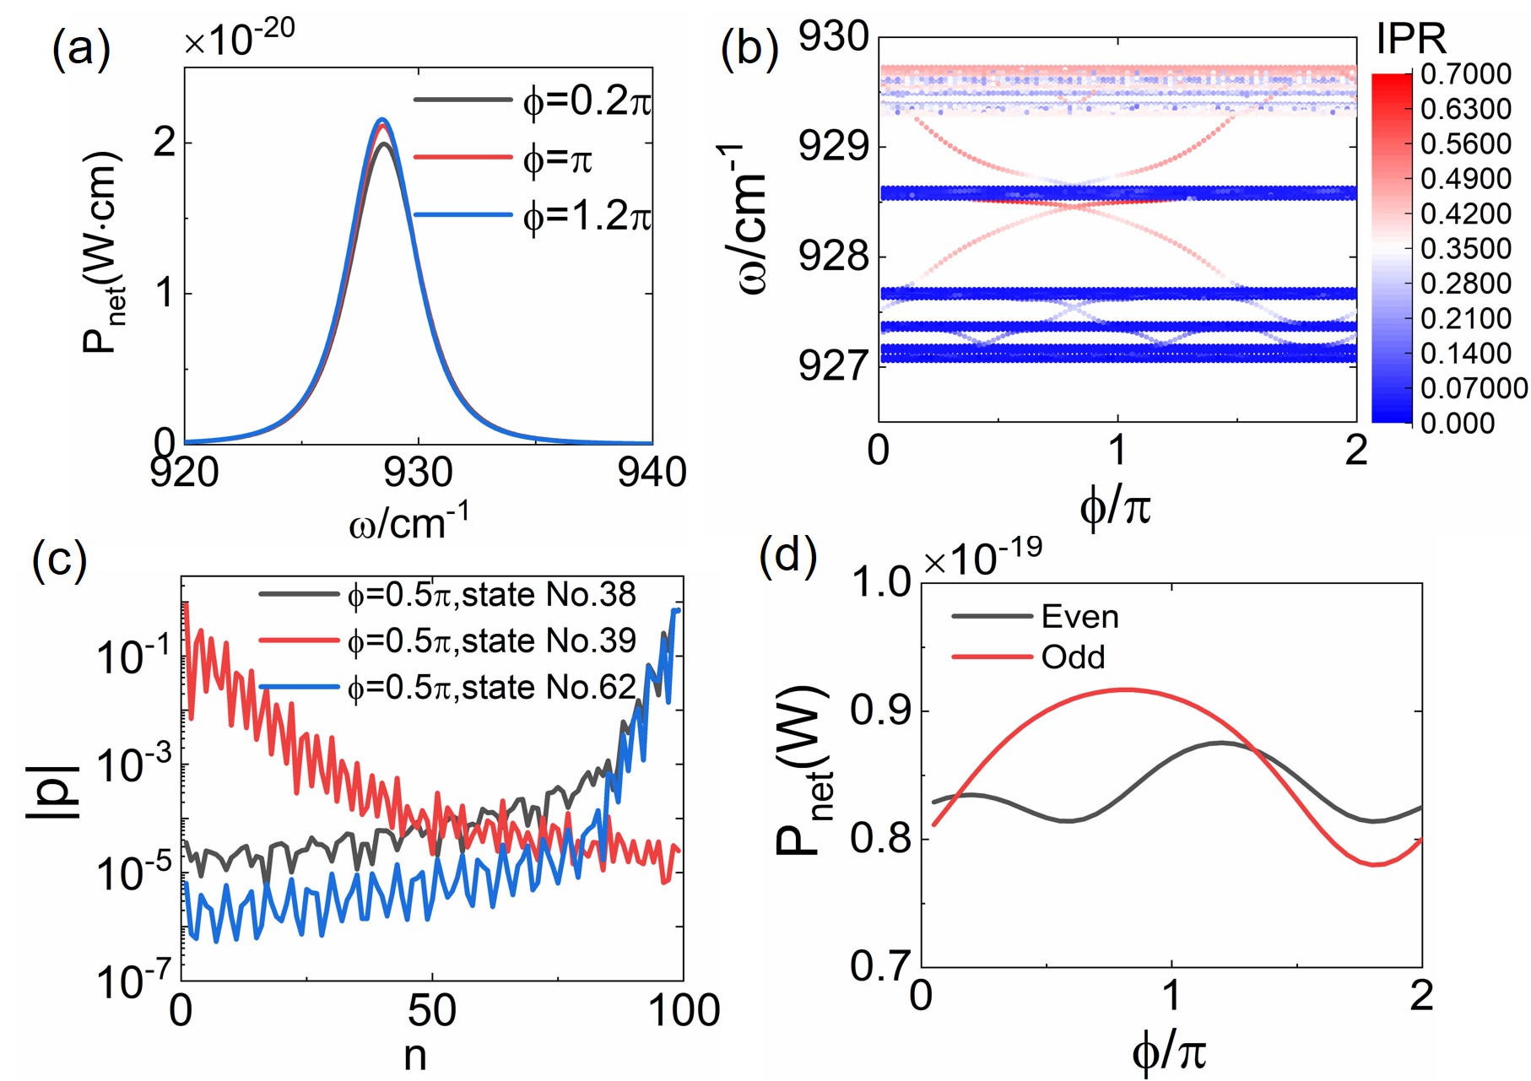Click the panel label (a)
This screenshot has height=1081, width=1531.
[81, 49]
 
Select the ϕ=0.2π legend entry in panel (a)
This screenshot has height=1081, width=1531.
[587, 101]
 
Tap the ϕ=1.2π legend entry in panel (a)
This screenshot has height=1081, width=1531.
[587, 217]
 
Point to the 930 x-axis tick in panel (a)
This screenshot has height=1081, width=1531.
[418, 473]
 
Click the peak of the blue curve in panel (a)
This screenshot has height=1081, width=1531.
[382, 119]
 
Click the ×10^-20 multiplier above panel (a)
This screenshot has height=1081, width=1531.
[240, 38]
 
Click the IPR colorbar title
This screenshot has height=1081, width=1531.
[1410, 39]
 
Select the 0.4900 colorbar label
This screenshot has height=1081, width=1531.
[1465, 179]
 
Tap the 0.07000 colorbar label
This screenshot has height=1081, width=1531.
[1474, 388]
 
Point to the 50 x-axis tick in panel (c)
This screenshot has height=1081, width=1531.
[432, 1010]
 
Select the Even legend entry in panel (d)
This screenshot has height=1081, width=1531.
[1079, 617]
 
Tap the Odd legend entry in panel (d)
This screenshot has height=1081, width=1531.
[1073, 657]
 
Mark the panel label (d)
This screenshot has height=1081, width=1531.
[787, 557]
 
